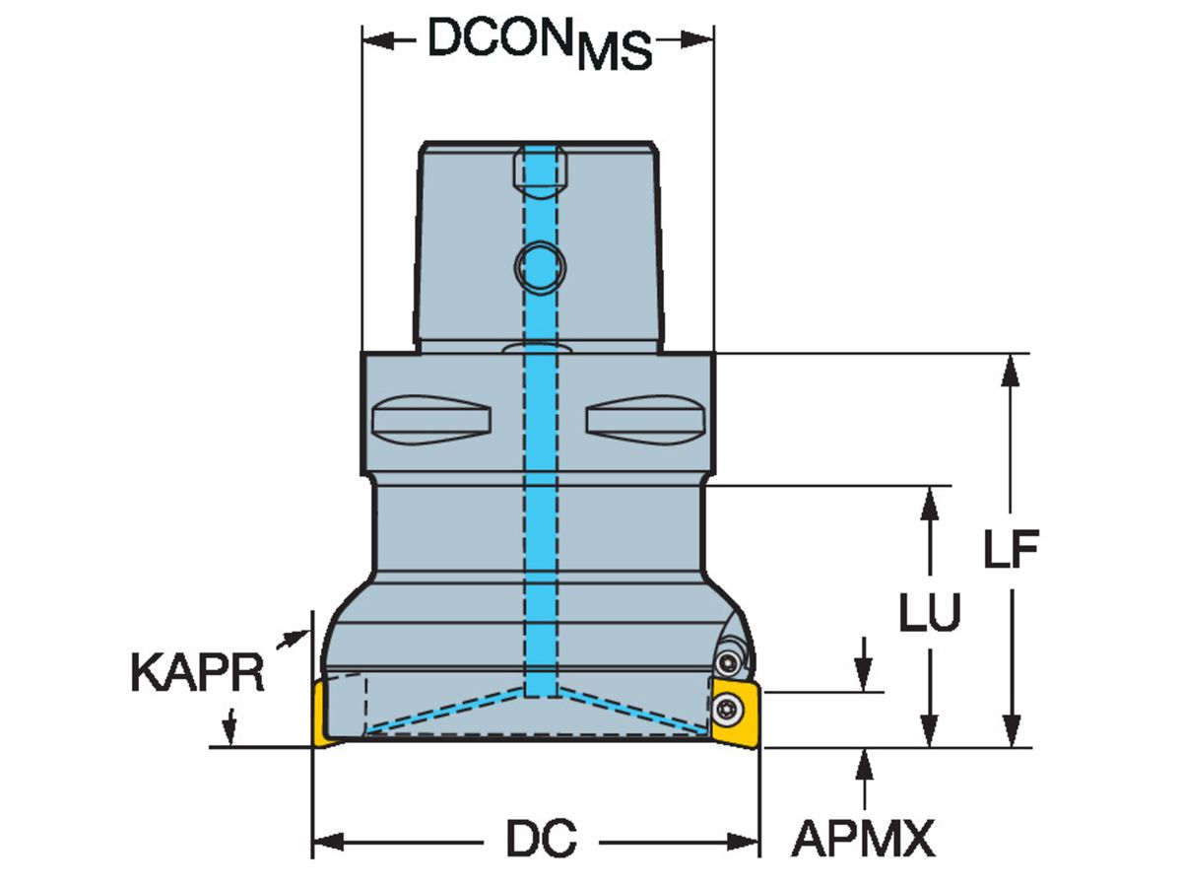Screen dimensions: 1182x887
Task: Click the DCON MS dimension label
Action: tap(539, 44)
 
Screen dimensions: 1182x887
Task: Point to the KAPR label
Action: tap(198, 673)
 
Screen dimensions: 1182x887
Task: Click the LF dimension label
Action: tap(1011, 549)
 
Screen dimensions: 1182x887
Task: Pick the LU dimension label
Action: tap(930, 612)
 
